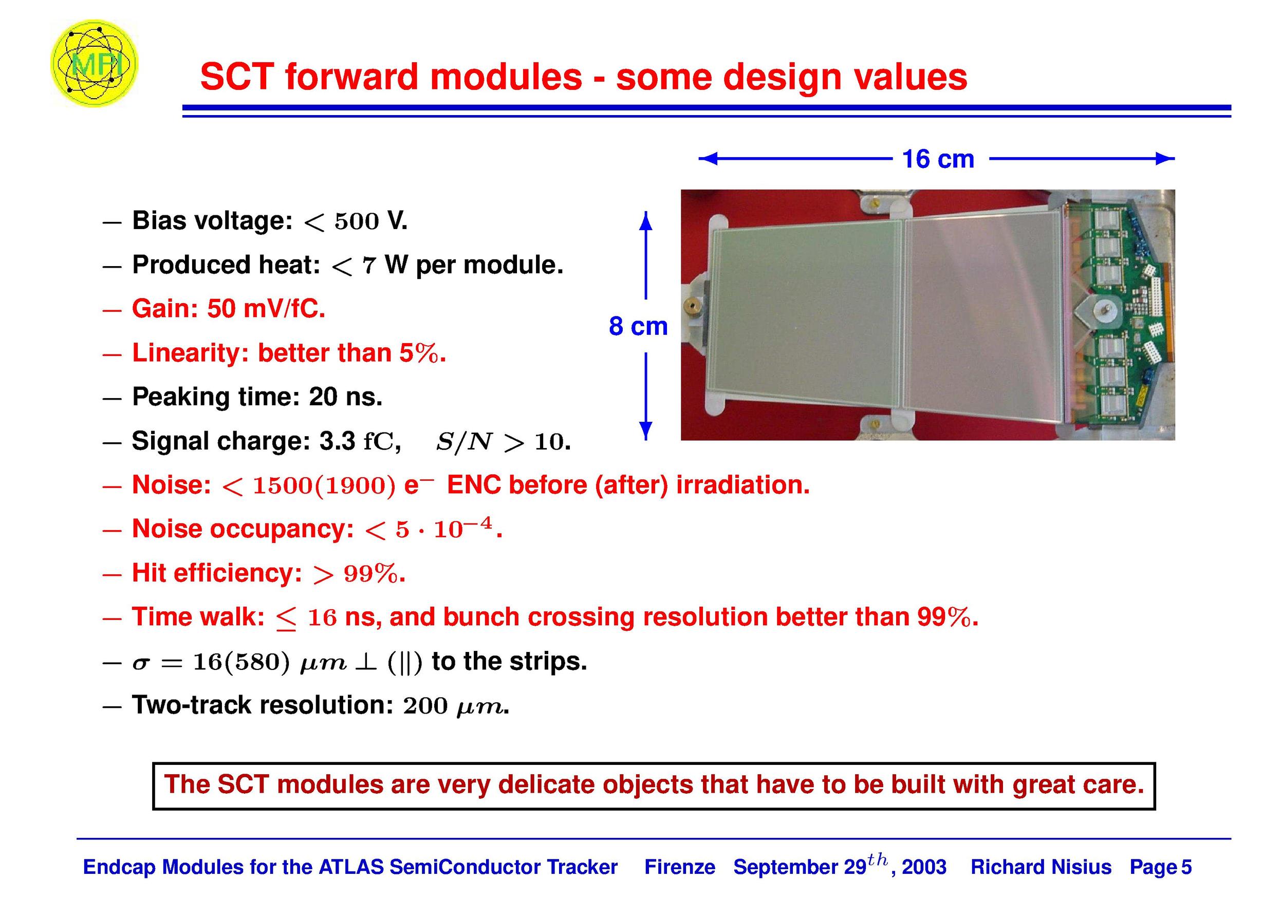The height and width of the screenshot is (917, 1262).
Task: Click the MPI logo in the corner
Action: pos(94,63)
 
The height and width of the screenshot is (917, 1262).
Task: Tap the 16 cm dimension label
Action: pos(938,159)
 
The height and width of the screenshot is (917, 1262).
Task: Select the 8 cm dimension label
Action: pos(638,326)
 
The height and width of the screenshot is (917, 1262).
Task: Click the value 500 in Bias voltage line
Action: pos(356,221)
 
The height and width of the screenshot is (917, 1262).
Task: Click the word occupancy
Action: pos(282,530)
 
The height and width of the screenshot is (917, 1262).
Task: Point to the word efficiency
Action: pos(237,573)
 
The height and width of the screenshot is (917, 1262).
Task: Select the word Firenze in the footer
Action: pos(679,867)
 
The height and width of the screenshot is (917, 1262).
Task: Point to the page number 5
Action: pos(1186,867)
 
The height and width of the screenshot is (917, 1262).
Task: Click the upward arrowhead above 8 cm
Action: pos(645,221)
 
